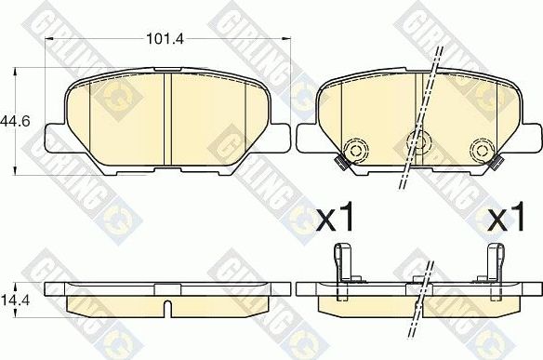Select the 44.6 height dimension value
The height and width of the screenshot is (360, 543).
[12, 121]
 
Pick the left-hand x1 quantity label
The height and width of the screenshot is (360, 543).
[337, 220]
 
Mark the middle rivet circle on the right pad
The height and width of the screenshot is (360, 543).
[419, 142]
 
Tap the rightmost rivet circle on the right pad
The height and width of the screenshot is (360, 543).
[481, 151]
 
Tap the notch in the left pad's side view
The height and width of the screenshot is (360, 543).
[166, 305]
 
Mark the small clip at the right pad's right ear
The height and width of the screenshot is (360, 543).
[498, 166]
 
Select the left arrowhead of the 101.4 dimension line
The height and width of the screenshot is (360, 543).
[51, 40]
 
